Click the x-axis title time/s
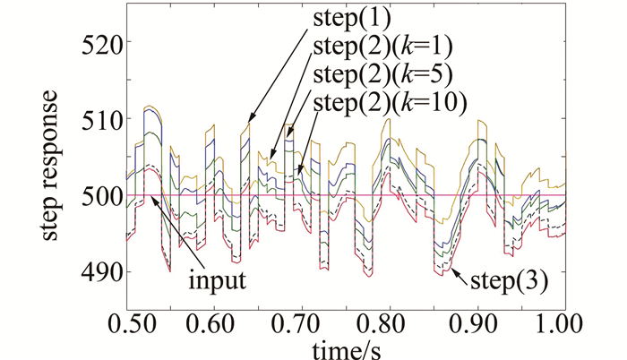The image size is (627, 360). [x=346, y=347]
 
